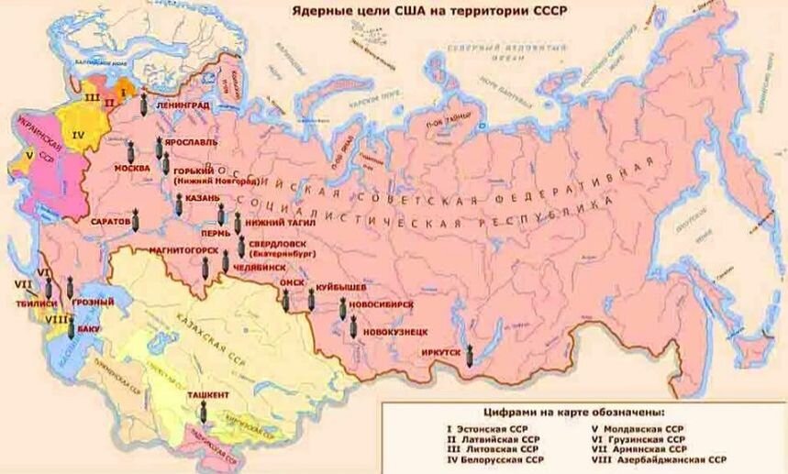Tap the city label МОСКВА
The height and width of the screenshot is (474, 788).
pos(132,169)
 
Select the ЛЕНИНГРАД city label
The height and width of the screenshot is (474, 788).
pos(183,105)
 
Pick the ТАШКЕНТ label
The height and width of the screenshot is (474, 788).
pos(208,394)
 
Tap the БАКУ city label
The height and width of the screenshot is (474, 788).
pos(89,327)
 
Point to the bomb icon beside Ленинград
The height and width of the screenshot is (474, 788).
pos(144,105)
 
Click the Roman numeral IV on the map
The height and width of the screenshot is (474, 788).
pos(78,134)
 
